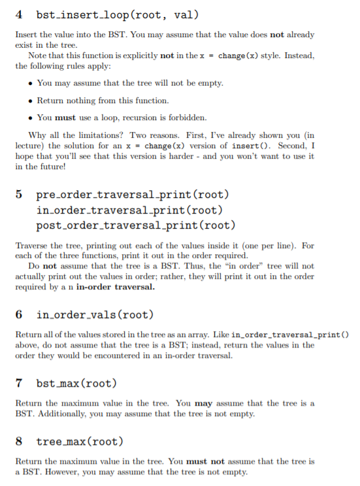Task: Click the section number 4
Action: [18, 14]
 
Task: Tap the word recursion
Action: [146, 118]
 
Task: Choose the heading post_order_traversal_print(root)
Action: [136, 225]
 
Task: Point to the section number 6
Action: [18, 314]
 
